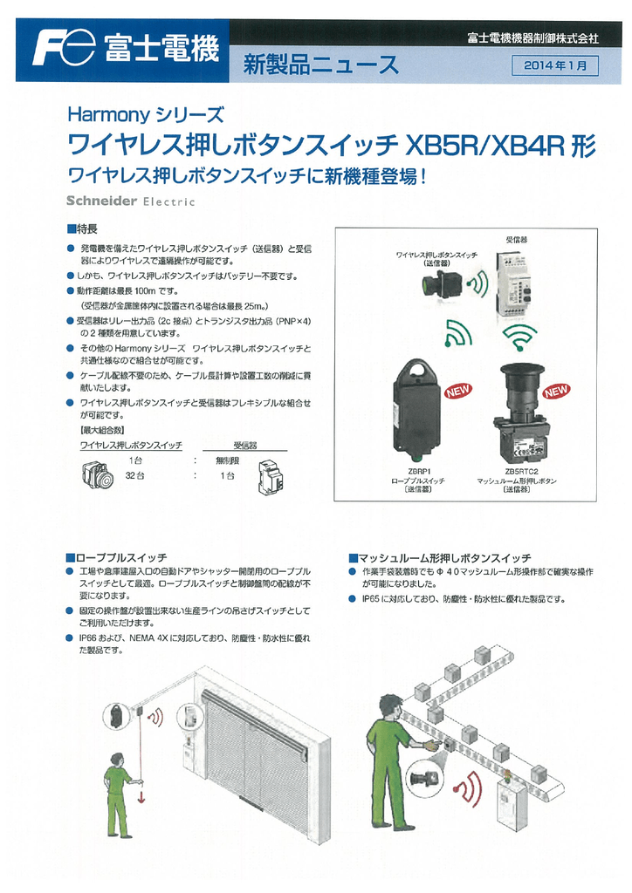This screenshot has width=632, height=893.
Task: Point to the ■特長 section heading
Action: [83, 228]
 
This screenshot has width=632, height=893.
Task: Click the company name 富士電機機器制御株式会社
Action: [532, 38]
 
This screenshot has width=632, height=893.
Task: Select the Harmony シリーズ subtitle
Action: [146, 113]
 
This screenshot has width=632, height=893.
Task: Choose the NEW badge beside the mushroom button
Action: [555, 390]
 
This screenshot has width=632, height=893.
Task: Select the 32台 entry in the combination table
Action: [134, 475]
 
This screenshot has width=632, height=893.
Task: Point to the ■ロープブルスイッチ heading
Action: [116, 556]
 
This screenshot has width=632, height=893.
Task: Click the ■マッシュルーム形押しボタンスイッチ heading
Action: [439, 557]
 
